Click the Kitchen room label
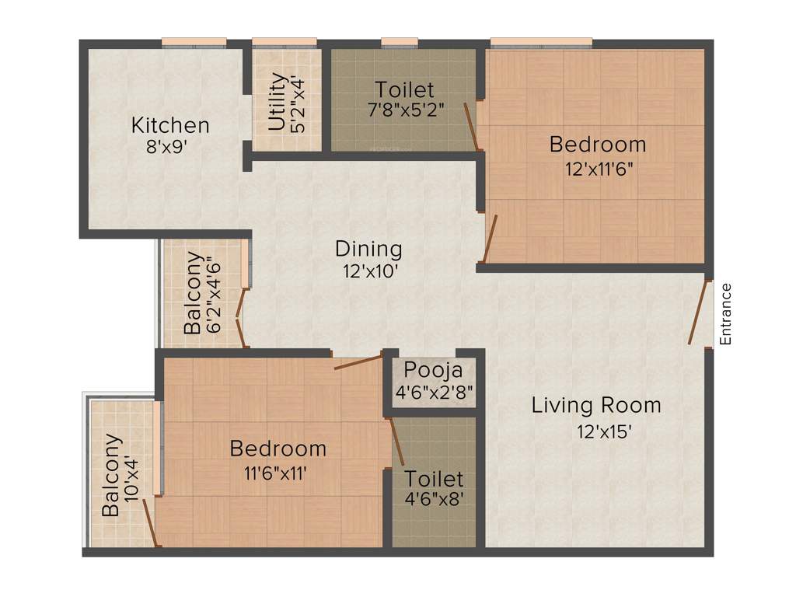[x=169, y=124]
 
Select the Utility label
[x=276, y=101]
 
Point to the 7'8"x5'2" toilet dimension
[x=405, y=110]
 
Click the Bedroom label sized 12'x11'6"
[x=597, y=145]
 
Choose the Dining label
[x=368, y=249]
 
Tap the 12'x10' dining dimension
[x=368, y=271]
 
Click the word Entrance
[x=725, y=314]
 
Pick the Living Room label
[x=596, y=405]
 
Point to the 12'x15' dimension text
[x=596, y=430]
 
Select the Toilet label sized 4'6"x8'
[x=434, y=479]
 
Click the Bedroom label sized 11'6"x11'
[x=278, y=449]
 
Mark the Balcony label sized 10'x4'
[x=112, y=476]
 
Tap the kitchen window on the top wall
[x=194, y=42]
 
